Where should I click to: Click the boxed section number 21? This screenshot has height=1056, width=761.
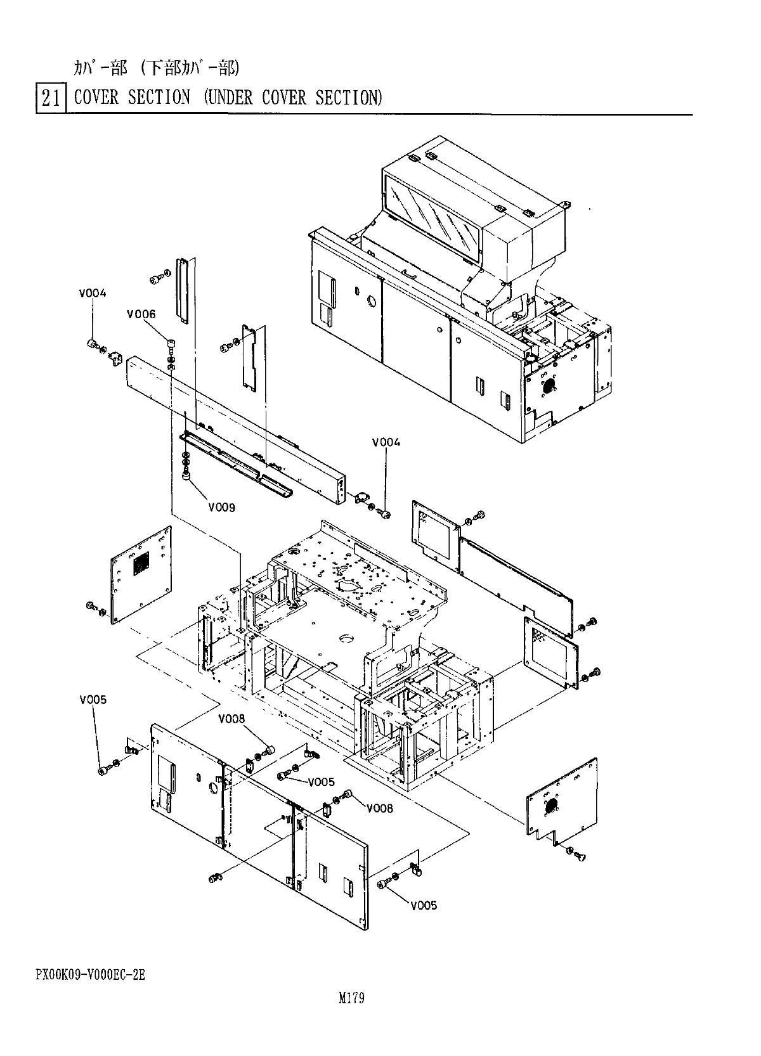click(x=51, y=99)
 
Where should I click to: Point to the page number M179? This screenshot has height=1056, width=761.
click(x=351, y=999)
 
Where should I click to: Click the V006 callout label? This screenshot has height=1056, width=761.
click(x=141, y=314)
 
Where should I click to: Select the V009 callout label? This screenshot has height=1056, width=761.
click(x=221, y=507)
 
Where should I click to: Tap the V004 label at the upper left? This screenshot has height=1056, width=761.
click(x=93, y=293)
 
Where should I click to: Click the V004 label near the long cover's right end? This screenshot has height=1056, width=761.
click(x=386, y=442)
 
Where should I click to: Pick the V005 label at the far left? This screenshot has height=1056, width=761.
click(x=93, y=700)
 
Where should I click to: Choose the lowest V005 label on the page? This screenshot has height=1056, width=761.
click(x=424, y=905)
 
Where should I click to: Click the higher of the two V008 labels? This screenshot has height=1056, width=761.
click(x=231, y=719)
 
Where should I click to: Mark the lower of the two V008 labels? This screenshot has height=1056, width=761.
click(x=379, y=808)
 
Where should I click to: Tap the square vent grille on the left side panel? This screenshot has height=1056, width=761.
click(x=141, y=563)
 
